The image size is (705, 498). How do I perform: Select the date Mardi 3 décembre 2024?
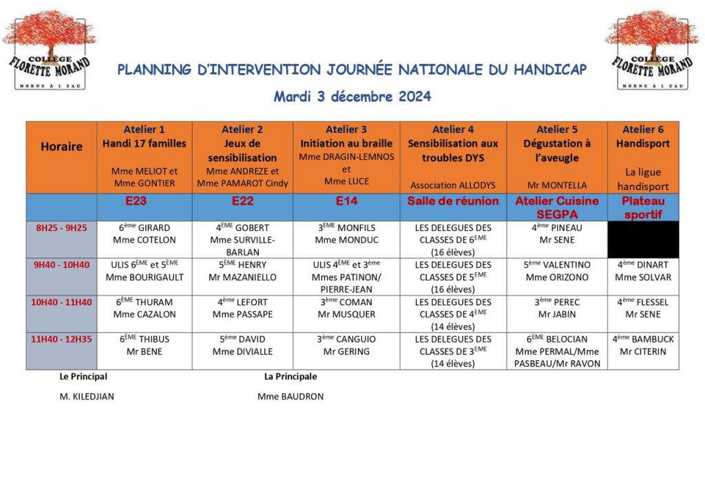pos(352,96)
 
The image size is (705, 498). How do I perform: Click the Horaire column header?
pos(61,146)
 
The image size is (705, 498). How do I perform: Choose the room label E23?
pos(145,201)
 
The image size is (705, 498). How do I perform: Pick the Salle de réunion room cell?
pos(453,201)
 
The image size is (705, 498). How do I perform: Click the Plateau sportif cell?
pos(643,207)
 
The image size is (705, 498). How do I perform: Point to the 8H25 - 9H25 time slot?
pos(61,228)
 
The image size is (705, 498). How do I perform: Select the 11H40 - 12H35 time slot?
pos(61,339)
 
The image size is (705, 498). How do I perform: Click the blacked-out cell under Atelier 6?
pos(643,240)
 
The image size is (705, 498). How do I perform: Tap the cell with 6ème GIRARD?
pos(145,234)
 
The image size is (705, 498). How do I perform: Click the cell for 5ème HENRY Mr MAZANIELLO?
pos(242,271)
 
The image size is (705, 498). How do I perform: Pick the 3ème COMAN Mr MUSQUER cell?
pos(346,308)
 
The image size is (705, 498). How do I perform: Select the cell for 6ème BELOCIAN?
pos(557,351)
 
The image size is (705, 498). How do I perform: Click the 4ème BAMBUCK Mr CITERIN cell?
pos(643,345)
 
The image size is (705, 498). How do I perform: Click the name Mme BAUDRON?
pos(291,397)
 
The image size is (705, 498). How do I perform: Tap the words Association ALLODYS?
pos(453,185)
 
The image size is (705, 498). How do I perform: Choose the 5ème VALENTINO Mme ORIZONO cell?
pos(557,271)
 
